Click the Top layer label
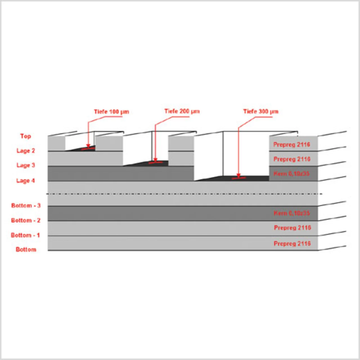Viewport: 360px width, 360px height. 26,136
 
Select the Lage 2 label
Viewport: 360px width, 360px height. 26,151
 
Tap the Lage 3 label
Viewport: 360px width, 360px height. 26,165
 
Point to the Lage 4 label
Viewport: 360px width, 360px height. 26,181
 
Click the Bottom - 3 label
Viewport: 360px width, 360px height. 26,206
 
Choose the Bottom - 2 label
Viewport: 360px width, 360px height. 26,220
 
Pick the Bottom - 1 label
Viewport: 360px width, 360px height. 25,235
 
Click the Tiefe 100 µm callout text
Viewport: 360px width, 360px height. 111,112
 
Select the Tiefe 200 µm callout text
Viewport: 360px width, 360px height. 182,111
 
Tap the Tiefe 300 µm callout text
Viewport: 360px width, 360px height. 261,111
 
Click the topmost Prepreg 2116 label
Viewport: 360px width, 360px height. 292,145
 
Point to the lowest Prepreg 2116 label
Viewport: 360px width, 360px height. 292,244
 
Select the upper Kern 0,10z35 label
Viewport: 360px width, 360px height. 292,174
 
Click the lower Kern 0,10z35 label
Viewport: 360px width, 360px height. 292,213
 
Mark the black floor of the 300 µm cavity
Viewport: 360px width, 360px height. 253,178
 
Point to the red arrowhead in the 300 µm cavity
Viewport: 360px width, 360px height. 238,175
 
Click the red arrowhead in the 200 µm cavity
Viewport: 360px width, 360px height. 155,160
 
